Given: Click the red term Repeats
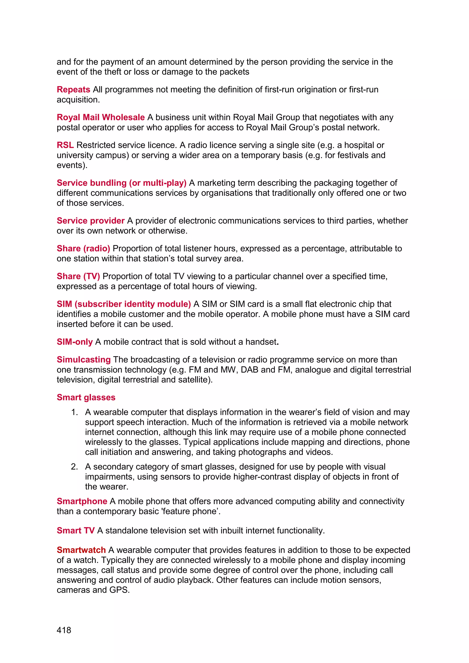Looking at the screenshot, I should point(73,90).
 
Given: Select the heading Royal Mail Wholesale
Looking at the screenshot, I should point(101,117).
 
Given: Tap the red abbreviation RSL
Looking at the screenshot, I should point(65,145).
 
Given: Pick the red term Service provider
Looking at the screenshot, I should point(90,221).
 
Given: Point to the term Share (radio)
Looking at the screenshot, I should point(83,248).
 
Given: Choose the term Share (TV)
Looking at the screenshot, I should point(78,276).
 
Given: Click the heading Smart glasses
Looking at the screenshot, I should point(86,397).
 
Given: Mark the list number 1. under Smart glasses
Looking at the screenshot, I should point(74,412).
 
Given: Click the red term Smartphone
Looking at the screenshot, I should point(82,501).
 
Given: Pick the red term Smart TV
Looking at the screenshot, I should point(76,530).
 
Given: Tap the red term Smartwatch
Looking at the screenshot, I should point(81,550).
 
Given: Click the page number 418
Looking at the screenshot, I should point(64,630).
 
